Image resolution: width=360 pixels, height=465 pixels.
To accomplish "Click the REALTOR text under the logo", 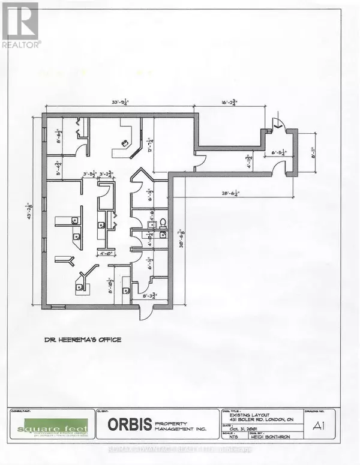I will click(22, 44).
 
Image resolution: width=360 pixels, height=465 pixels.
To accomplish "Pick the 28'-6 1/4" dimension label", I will click(230, 193).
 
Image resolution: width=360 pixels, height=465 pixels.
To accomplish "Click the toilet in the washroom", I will click(161, 223).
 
